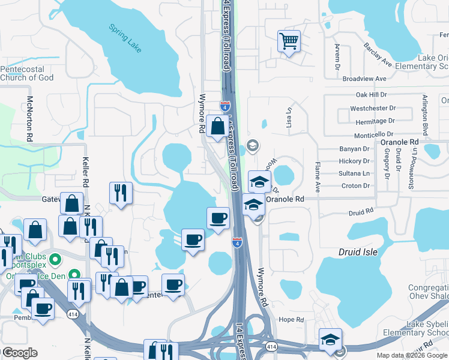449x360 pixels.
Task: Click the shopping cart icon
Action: coord(289,41)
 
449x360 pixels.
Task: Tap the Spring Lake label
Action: coord(125,38)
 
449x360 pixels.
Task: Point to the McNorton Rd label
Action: coord(29,118)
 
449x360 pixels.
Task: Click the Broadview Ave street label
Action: coord(364,79)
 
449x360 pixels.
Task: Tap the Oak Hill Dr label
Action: coord(372,95)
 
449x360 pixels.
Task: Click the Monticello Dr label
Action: coord(373,135)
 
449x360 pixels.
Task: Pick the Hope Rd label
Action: coord(292,320)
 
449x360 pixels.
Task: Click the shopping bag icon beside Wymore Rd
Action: coord(217,126)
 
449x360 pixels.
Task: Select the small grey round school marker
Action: coord(253,145)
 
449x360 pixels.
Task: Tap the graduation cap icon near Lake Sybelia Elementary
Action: coord(330,339)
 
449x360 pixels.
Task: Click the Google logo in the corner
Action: coord(20,353)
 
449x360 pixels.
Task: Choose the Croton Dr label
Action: coord(355,186)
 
